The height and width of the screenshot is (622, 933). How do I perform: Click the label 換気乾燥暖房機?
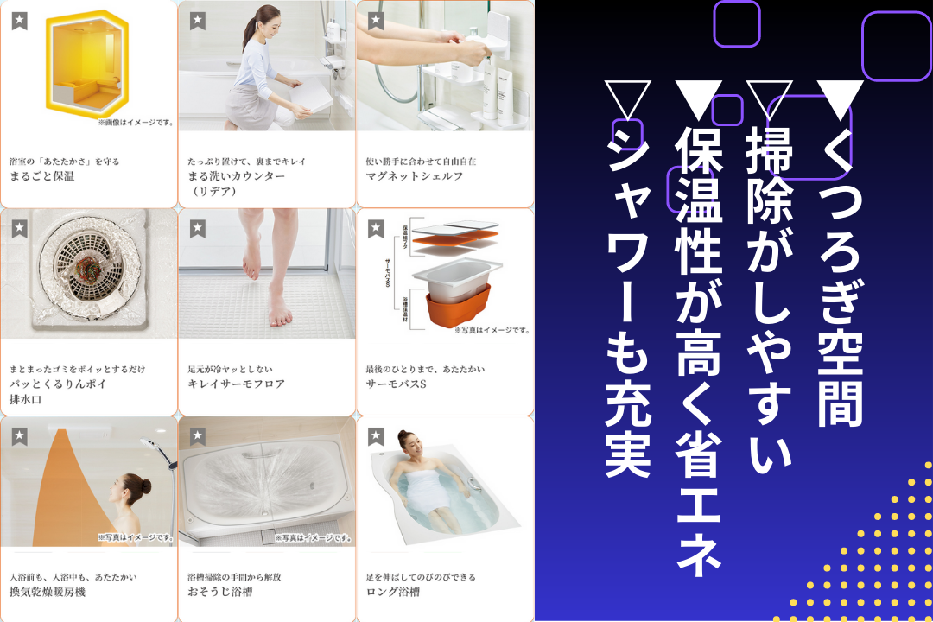point(48,592)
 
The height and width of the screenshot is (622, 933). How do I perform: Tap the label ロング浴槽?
point(392,592)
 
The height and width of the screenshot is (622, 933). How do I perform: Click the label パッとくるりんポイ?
point(59,384)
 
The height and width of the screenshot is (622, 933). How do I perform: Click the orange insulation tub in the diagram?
point(458,307)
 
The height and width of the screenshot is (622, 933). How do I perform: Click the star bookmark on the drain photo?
point(19,229)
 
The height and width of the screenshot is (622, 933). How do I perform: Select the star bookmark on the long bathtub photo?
point(375,436)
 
